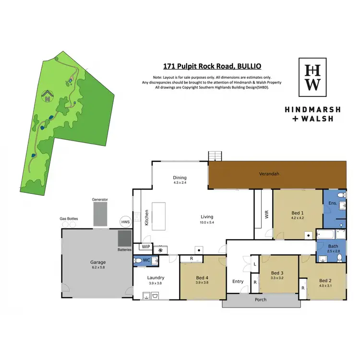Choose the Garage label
tap(98, 262)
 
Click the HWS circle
tap(125, 222)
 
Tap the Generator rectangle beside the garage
tap(100, 214)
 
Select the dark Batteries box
tap(125, 238)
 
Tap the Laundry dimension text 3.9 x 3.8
tap(156, 284)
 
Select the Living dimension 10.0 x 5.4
tap(207, 222)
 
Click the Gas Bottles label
tap(69, 218)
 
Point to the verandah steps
tap(215, 156)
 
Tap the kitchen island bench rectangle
tap(158, 216)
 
